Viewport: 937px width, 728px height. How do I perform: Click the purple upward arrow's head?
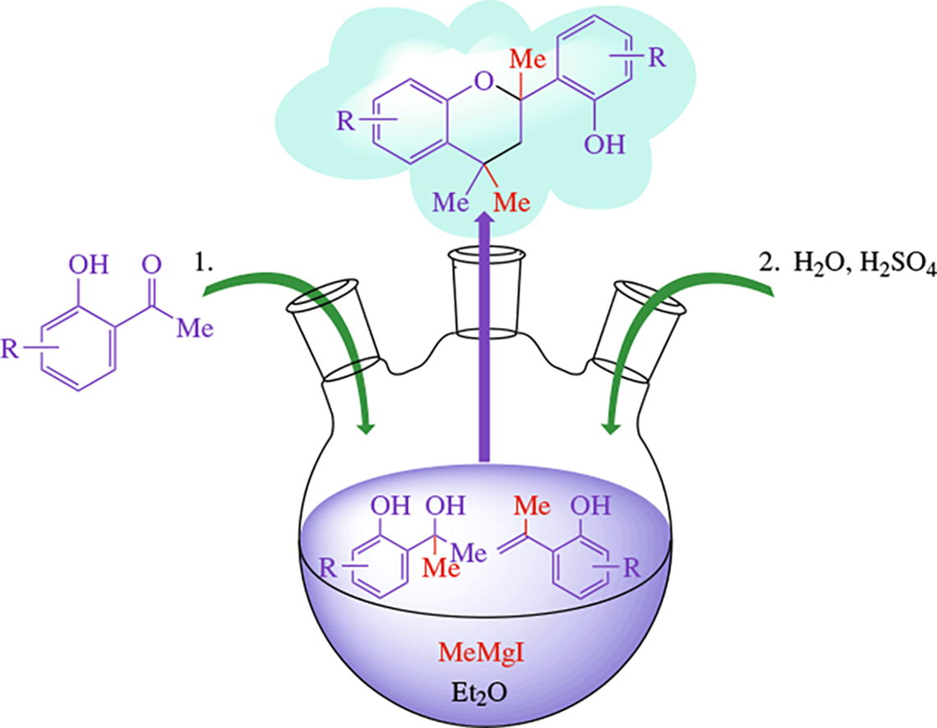pyautogui.click(x=485, y=220)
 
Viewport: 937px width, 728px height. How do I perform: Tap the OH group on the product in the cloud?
pyautogui.click(x=604, y=145)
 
